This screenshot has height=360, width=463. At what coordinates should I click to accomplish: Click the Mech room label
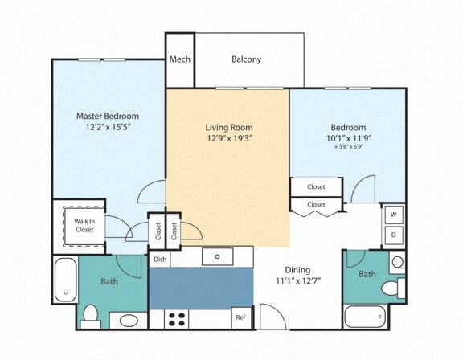click(179, 59)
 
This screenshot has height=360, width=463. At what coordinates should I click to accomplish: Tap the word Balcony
click(246, 59)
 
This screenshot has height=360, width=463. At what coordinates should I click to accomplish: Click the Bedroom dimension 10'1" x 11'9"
click(348, 139)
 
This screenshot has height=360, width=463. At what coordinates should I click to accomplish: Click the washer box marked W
click(394, 215)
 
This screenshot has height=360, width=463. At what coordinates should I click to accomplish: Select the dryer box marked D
click(394, 235)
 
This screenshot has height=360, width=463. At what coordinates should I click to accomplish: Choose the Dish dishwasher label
click(160, 259)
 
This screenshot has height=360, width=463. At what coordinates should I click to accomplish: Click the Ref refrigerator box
click(240, 317)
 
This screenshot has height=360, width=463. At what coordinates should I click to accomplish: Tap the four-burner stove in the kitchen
click(176, 318)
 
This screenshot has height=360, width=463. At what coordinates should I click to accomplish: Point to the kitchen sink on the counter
click(217, 256)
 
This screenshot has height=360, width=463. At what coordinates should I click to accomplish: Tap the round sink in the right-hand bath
click(396, 263)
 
